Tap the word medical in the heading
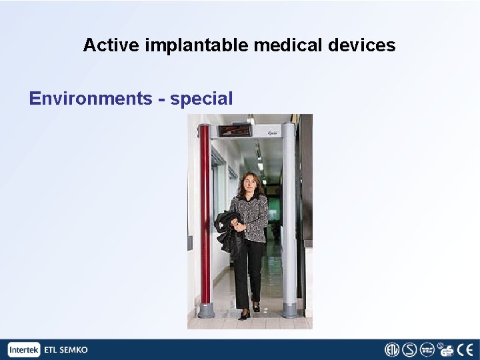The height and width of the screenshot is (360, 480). [289, 45]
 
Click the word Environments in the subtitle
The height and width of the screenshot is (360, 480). [91, 99]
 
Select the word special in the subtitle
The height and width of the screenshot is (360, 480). [201, 99]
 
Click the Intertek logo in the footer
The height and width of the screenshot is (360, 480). [25, 349]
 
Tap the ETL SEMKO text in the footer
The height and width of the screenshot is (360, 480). [65, 349]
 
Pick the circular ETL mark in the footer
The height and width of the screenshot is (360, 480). [391, 349]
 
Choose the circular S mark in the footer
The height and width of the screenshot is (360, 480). [409, 349]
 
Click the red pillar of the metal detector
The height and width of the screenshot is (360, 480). [205, 213]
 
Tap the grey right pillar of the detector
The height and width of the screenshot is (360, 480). [289, 213]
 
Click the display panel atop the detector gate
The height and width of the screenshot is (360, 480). [235, 130]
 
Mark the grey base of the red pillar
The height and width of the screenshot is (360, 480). [206, 310]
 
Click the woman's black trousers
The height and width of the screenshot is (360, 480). [248, 273]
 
